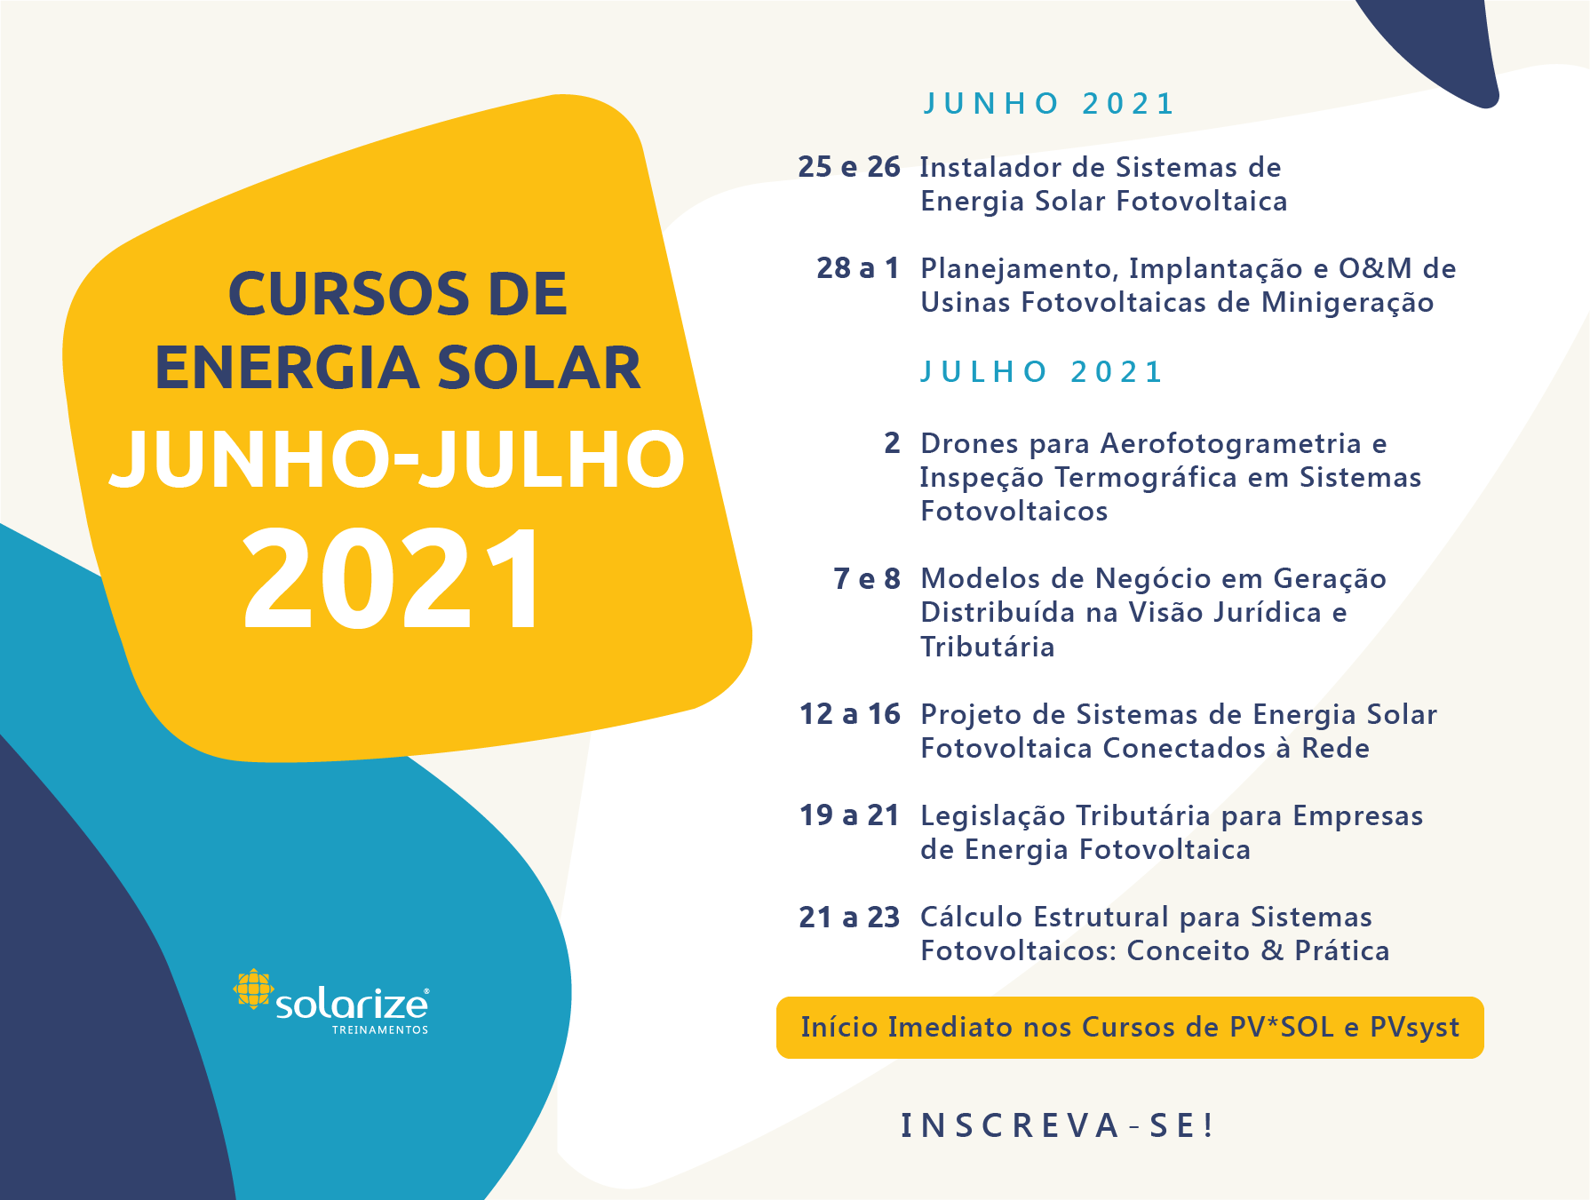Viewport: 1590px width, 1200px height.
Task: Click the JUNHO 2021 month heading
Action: click(1048, 104)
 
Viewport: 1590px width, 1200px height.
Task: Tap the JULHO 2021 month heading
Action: click(1041, 372)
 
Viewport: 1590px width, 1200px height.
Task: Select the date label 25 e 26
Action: click(849, 167)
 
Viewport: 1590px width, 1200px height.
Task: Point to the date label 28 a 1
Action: click(858, 268)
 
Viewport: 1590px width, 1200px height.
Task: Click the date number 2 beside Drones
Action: click(892, 443)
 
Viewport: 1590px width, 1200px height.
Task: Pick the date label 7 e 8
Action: click(867, 579)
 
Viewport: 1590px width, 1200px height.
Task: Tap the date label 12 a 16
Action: click(850, 714)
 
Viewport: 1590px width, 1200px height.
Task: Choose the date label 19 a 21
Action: click(849, 815)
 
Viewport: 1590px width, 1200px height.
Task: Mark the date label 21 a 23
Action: click(849, 917)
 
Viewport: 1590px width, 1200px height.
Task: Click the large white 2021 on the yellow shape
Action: click(392, 579)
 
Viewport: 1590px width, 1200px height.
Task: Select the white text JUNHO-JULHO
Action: click(397, 458)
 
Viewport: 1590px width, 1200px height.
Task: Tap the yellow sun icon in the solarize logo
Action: click(253, 989)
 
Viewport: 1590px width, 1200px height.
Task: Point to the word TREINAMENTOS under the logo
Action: click(380, 1030)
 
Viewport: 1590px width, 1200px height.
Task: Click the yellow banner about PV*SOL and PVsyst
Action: click(1130, 1028)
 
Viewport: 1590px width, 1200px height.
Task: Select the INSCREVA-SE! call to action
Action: click(1057, 1125)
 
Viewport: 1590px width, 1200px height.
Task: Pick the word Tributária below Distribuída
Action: click(988, 647)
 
